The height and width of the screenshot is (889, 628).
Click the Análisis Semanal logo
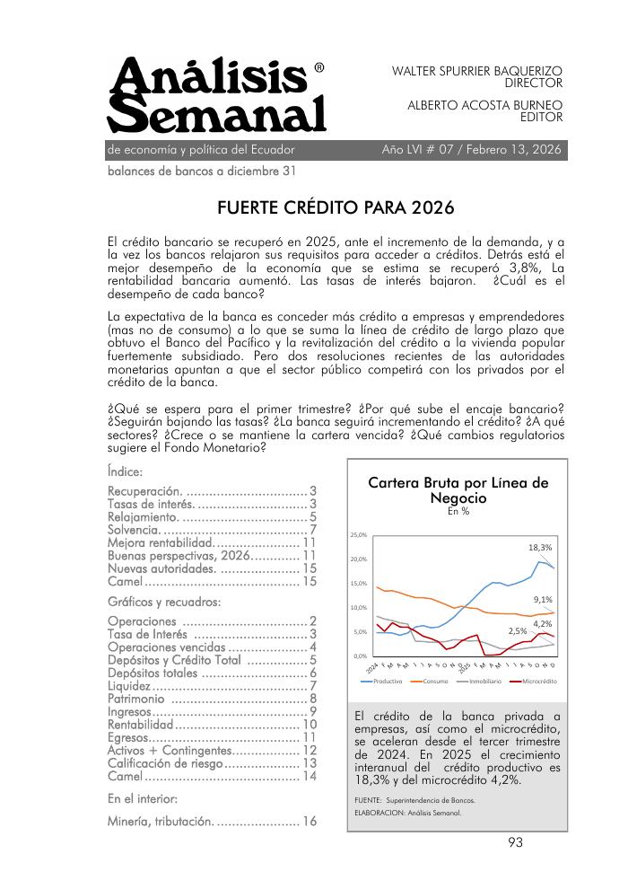[216, 96]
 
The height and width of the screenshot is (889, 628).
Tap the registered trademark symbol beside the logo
[319, 67]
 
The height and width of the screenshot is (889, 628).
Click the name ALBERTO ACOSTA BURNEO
[484, 105]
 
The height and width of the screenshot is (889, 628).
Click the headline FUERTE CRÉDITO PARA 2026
[336, 209]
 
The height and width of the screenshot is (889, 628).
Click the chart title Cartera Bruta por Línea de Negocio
[458, 490]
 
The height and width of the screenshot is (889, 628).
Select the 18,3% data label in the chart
[540, 547]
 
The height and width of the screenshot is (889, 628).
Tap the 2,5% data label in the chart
[518, 631]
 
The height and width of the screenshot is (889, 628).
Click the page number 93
[515, 842]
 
